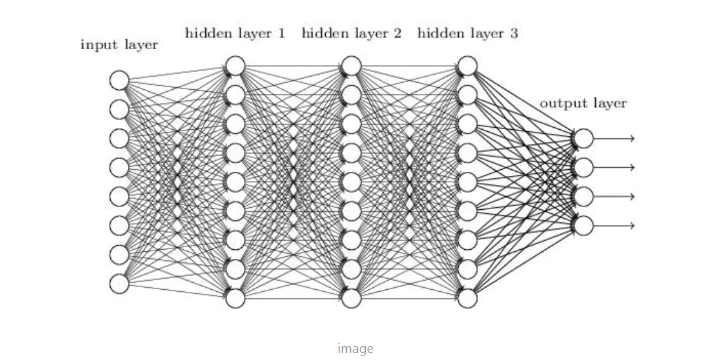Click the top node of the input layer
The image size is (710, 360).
tap(119, 80)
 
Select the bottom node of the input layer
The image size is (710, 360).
tap(119, 283)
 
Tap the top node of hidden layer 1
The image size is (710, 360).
tap(235, 66)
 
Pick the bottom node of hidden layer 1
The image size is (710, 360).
tap(235, 298)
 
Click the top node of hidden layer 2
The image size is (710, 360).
tap(351, 66)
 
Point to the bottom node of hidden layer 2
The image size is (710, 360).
tap(351, 298)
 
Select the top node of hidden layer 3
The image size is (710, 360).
tap(467, 66)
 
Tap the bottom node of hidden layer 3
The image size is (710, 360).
tap(467, 298)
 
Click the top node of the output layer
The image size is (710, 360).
tap(583, 138)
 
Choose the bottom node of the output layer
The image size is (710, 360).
tap(583, 225)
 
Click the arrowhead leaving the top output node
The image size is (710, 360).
tap(631, 138)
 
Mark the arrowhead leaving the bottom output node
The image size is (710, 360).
tap(631, 225)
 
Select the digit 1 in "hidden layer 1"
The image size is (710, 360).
tap(282, 33)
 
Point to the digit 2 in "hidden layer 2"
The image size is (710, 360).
tap(397, 33)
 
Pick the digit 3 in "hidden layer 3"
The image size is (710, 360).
tap(513, 33)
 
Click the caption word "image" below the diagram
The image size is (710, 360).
tap(355, 348)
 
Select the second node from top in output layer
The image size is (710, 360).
tap(583, 167)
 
